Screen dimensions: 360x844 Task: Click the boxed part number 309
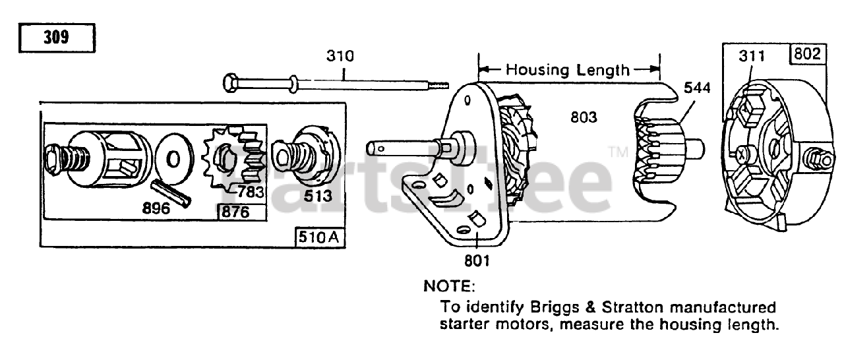57,38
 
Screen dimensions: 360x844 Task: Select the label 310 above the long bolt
340,56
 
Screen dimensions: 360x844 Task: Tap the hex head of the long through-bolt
231,84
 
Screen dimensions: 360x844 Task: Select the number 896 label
156,208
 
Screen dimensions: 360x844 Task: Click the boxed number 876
241,212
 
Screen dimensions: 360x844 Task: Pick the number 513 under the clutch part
318,196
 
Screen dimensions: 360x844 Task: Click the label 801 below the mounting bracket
476,261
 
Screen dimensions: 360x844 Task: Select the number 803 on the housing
584,117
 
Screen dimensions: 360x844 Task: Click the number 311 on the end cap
752,56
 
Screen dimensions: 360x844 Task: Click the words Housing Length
568,69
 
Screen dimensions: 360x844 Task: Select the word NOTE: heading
448,287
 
